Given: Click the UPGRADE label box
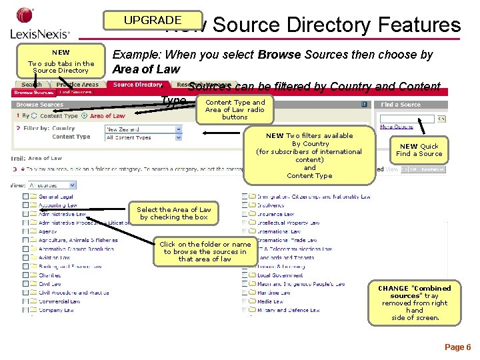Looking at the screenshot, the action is click(x=152, y=21).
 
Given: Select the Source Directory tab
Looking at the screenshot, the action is click(x=137, y=85).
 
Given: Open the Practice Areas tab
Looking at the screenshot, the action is click(x=77, y=85).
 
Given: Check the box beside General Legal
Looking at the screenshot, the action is click(x=25, y=197).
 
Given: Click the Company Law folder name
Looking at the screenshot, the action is click(x=56, y=310).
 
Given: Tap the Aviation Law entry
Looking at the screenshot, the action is click(x=54, y=257).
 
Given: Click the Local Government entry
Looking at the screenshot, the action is click(x=280, y=275).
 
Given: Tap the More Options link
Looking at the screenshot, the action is click(x=396, y=127).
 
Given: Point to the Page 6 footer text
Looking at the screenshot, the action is click(x=457, y=347).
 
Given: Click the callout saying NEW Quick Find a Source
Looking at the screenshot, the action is click(x=419, y=150).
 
